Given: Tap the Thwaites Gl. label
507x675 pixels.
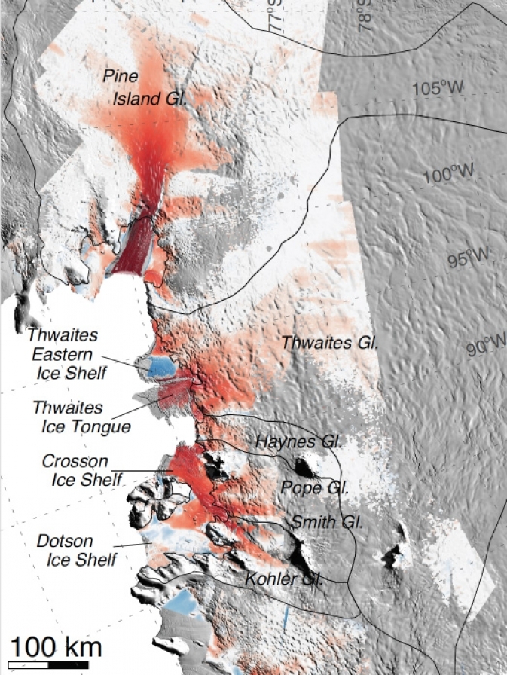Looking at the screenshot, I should (329, 343).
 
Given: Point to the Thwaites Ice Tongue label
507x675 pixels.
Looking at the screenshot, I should (81, 417).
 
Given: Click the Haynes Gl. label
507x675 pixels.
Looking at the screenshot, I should (299, 441).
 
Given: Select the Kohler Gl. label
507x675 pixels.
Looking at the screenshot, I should (283, 579).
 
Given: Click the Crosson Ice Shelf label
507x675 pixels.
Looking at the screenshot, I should (75, 469).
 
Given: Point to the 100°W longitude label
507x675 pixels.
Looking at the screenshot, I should (448, 175).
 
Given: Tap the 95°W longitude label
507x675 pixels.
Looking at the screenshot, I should (469, 260).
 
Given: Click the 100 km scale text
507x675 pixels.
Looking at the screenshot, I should (56, 646).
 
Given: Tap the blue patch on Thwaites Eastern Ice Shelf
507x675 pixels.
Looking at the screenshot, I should (162, 367).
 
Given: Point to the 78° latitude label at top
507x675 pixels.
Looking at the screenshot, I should (367, 15).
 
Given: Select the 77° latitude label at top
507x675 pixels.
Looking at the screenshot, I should (276, 15).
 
